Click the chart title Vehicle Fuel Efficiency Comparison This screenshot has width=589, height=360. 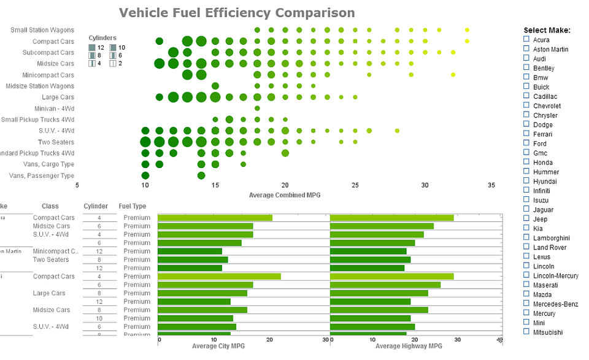coord(236,13)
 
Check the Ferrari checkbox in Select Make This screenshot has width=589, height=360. coord(526,133)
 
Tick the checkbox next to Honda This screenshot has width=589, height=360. coord(526,162)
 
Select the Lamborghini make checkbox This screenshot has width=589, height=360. coord(526,237)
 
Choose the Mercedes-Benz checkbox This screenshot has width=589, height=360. coord(526,304)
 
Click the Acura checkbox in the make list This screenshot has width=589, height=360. coord(526,39)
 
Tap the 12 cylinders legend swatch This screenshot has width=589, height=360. coord(92,47)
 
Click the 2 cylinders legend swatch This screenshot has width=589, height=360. coord(113,63)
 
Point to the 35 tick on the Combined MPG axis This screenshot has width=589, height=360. coord(491,185)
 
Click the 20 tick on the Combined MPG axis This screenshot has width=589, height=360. coord(285,185)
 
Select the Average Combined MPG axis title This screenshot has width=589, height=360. coord(285,195)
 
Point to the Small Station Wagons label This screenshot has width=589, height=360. coord(42,30)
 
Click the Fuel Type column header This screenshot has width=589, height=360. coord(132,206)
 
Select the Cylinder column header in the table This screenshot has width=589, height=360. coord(96,206)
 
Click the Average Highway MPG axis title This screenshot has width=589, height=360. coord(409,347)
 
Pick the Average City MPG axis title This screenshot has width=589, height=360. coord(218,347)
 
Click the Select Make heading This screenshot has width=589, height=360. coord(547,30)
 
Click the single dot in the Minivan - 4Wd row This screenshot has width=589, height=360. coord(257,109)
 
